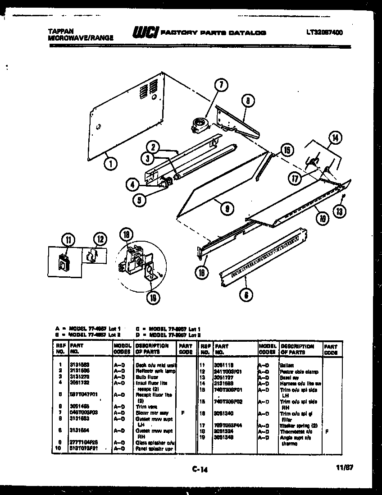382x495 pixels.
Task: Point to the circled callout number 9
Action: point(228,208)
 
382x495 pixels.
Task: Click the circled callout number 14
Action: point(335,138)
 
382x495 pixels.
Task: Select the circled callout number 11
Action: point(68,240)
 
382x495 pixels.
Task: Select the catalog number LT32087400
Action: point(324,32)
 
